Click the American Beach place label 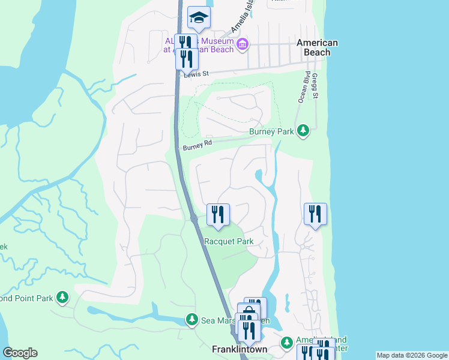pos(318,47)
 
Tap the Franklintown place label pos(240,349)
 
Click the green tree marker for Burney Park pos(303,130)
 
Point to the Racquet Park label pos(229,241)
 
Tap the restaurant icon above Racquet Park pos(218,215)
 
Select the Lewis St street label pos(196,74)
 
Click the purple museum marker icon pos(243,44)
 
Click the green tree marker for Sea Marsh pos(191,320)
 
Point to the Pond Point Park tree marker pos(62,297)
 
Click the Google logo pos(20,353)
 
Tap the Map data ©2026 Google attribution pos(412,355)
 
